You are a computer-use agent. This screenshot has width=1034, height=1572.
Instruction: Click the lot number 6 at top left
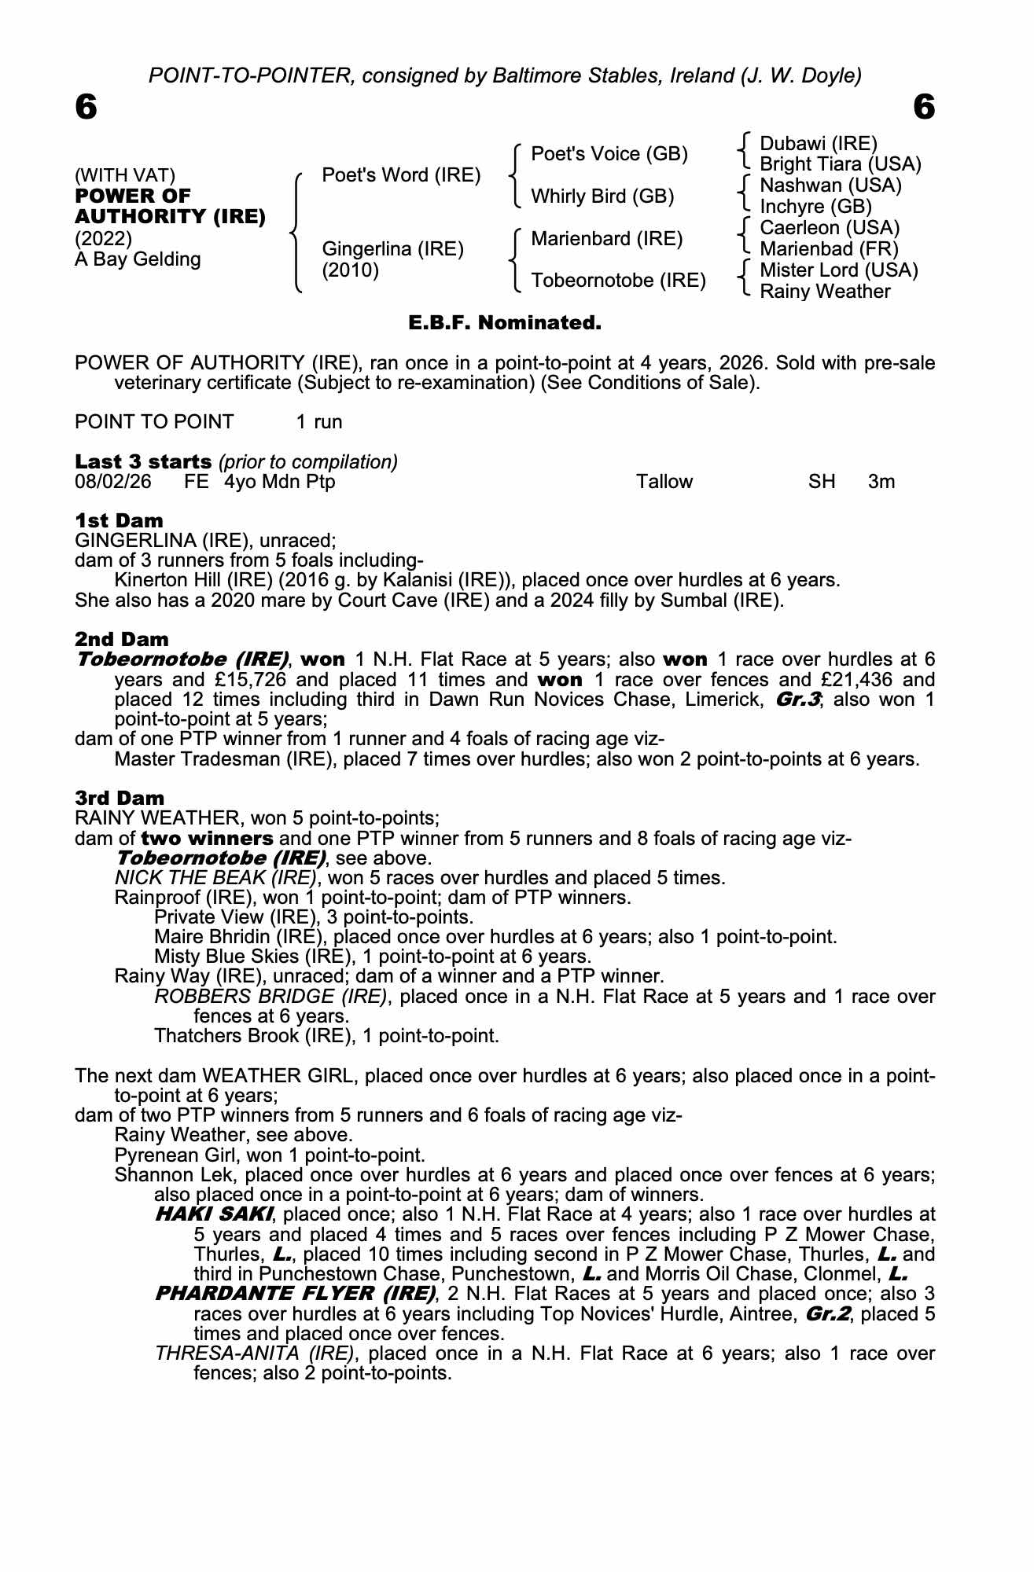[86, 107]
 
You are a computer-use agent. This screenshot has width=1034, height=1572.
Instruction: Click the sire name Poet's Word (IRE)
[401, 175]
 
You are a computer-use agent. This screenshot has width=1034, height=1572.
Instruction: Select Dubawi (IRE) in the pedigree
[818, 144]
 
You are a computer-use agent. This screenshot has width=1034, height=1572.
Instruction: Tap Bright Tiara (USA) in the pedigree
[840, 164]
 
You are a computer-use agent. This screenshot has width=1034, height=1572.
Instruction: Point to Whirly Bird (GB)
[602, 196]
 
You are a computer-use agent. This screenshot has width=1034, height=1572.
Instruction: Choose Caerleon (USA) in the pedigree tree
[830, 228]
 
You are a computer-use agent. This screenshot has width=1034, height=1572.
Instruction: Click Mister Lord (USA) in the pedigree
[838, 270]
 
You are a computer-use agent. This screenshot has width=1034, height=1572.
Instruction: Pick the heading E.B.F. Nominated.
[505, 322]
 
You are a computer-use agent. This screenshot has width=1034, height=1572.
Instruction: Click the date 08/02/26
[113, 482]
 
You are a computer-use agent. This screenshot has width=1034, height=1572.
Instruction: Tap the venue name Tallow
[664, 482]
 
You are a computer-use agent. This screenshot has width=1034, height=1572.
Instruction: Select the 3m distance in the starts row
[881, 482]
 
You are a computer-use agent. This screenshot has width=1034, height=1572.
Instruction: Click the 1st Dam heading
[119, 520]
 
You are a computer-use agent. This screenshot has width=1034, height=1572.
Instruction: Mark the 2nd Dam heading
[121, 639]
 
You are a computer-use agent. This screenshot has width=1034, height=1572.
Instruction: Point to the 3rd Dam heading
[120, 799]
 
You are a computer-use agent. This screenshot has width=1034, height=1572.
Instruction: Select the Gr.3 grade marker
[798, 700]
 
